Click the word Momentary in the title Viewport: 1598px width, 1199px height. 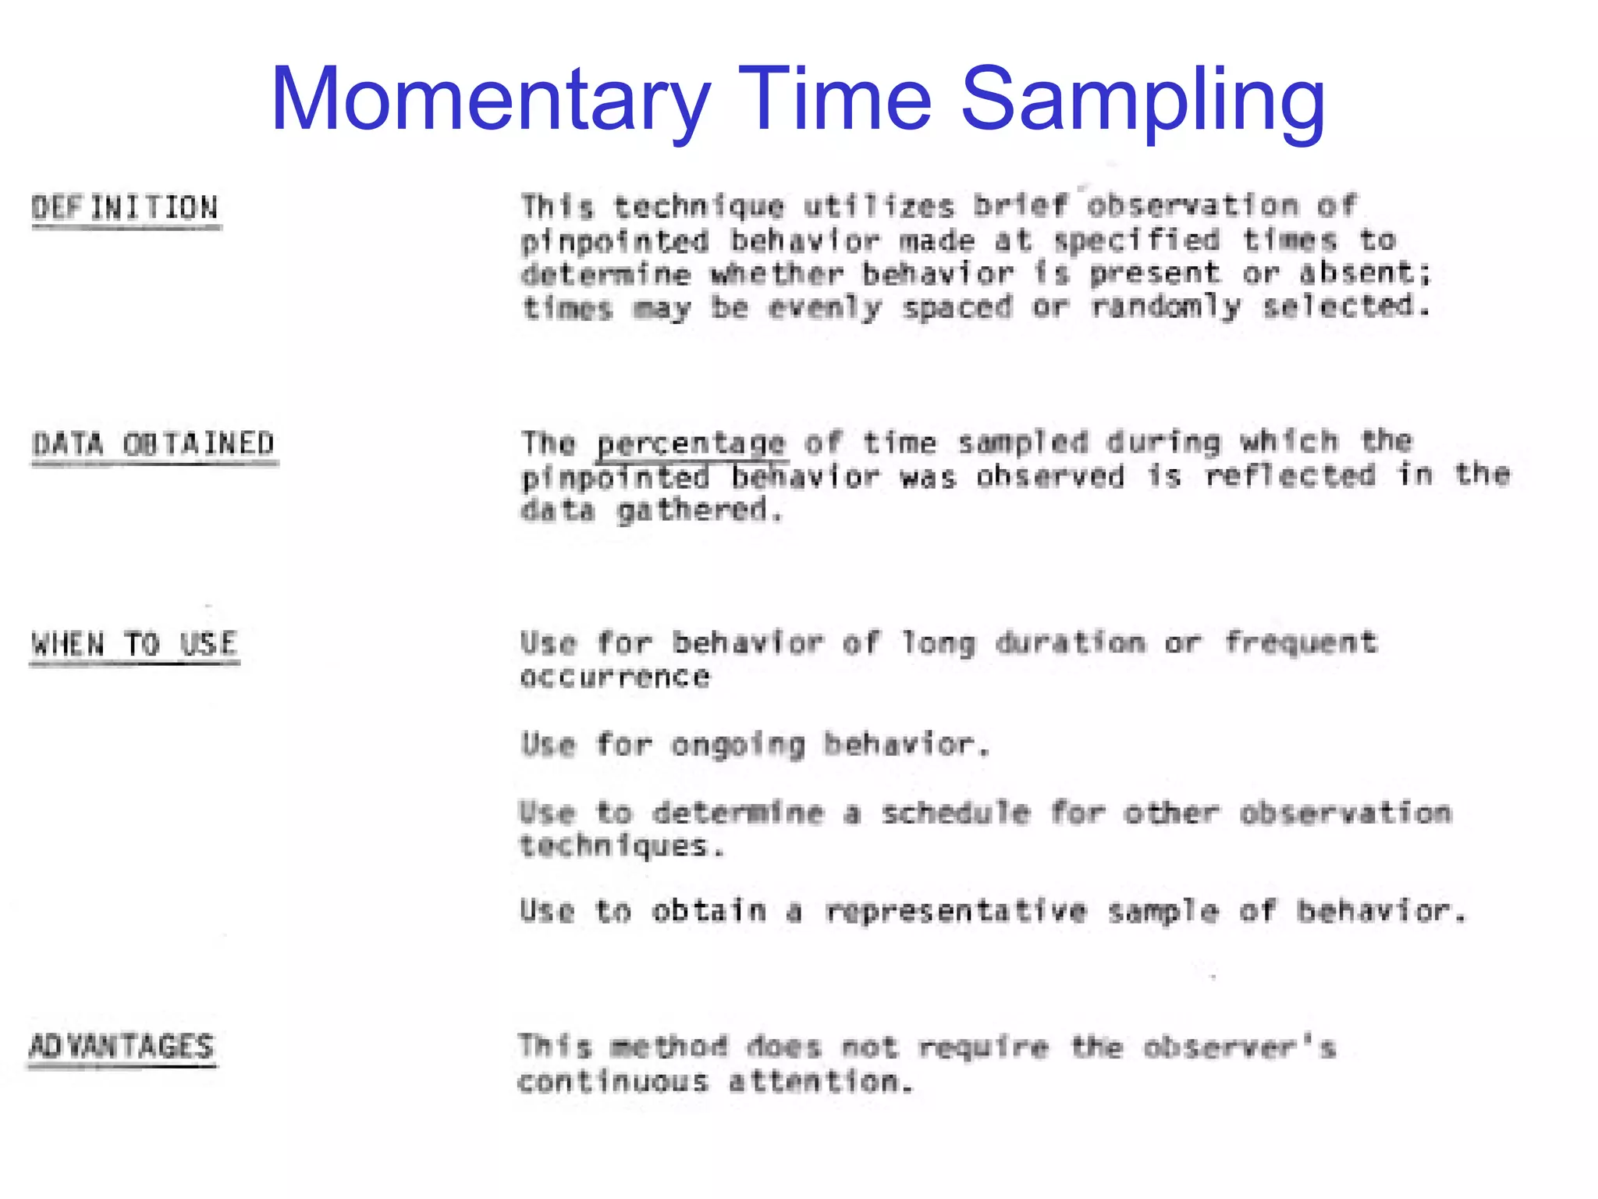coord(490,100)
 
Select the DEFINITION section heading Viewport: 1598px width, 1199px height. coord(125,208)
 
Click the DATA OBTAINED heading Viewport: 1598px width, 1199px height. coord(153,444)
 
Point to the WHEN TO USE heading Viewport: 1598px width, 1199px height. coord(134,645)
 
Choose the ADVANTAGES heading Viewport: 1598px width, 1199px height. coord(122,1047)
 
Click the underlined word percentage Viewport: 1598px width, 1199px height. coord(691,443)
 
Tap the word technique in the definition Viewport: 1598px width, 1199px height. coord(698,207)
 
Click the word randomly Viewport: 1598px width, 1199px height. coord(1166,307)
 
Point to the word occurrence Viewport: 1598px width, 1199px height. coord(615,677)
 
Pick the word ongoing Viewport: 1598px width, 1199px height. coord(738,745)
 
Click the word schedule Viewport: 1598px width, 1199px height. coord(956,813)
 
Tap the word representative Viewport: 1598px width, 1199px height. coord(956,911)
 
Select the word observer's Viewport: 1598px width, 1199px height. coord(1240,1047)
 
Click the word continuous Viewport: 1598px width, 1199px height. coord(613,1082)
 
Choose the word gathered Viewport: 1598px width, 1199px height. coord(699,511)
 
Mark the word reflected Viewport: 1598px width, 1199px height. coord(1290,475)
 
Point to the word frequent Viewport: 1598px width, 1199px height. coord(1301,643)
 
